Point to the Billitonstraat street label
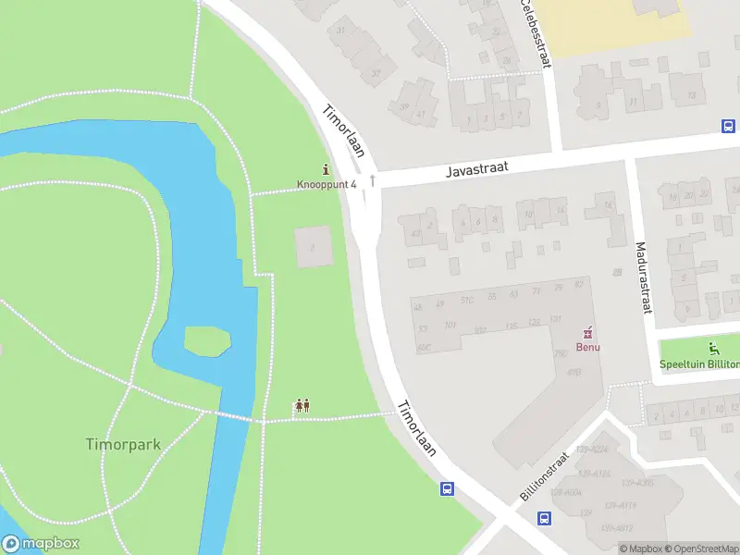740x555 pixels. [543, 477]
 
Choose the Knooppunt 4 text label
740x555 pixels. [326, 184]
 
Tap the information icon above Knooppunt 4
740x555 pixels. [326, 169]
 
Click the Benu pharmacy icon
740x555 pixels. [586, 333]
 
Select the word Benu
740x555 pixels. [586, 347]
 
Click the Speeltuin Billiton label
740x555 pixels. [699, 364]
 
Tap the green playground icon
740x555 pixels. [712, 349]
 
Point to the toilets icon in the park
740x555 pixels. [302, 405]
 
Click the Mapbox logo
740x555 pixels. [41, 544]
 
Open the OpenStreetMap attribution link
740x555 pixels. [703, 549]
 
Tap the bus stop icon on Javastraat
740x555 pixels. [728, 127]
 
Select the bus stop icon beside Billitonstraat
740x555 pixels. [544, 519]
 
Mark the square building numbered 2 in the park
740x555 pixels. [313, 247]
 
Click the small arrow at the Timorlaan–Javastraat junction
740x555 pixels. [372, 179]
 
